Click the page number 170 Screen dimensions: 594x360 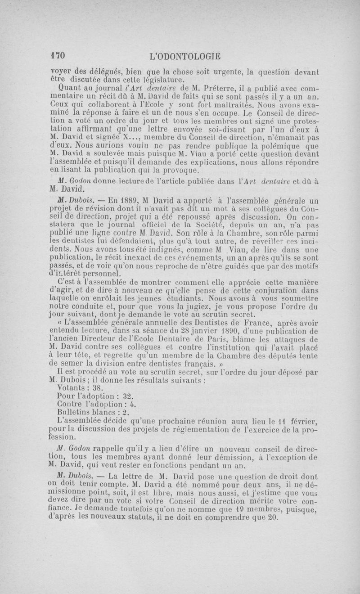pos(58,56)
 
